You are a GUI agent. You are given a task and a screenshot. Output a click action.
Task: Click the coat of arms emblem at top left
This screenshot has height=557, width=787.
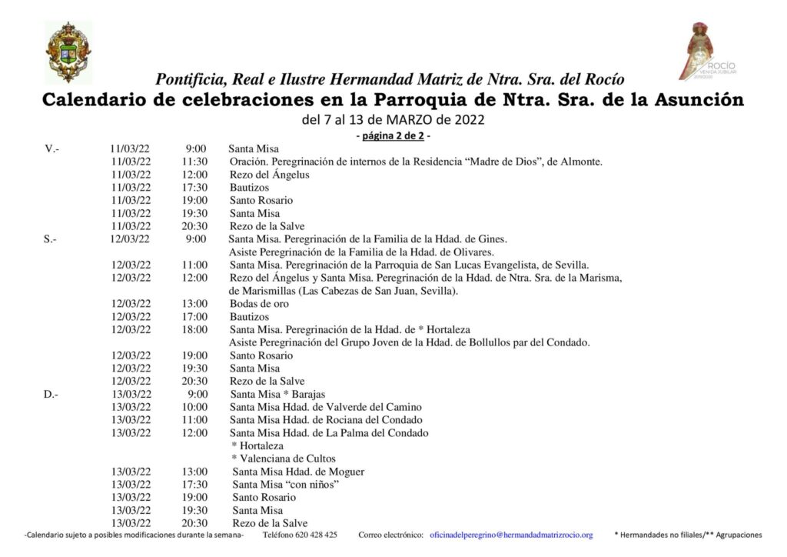click(68, 52)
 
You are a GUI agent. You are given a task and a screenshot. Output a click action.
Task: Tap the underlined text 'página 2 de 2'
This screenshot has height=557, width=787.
click(393, 136)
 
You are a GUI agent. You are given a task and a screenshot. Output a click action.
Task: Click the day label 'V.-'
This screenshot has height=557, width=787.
click(51, 148)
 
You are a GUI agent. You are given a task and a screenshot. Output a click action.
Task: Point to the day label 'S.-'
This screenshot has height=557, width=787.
click(50, 239)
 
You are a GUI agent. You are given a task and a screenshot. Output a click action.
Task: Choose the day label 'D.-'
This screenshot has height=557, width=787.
click(51, 395)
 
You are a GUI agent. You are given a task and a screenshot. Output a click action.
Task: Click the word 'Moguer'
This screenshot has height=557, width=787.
click(348, 472)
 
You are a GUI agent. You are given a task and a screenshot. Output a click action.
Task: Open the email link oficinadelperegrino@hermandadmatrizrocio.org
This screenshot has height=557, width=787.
click(511, 535)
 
